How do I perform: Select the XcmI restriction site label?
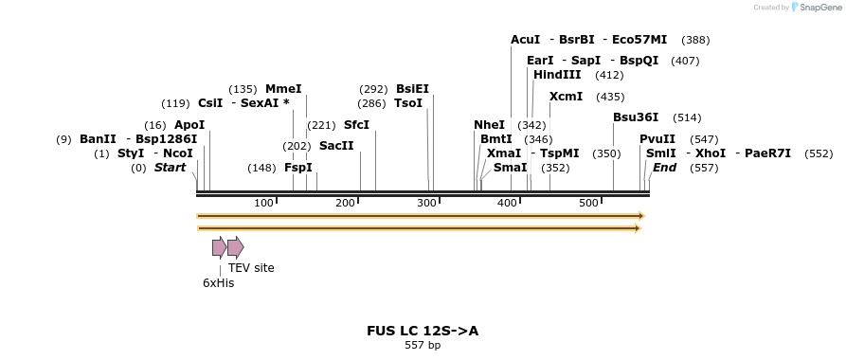[x=566, y=97]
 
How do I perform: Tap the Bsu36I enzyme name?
[x=637, y=117]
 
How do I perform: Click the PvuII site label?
[x=657, y=139]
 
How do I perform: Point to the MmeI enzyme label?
[x=283, y=89]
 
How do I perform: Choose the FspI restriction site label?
[x=297, y=168]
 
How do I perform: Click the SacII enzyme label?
[x=336, y=146]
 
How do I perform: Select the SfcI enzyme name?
[x=356, y=125]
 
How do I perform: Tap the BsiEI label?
[x=412, y=89]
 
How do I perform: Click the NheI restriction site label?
[x=489, y=125]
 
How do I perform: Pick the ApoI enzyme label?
[x=189, y=125]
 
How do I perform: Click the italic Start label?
[x=171, y=168]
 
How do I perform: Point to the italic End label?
[x=664, y=168]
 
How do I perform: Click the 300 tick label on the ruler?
[x=425, y=203]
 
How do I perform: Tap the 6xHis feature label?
[x=218, y=282]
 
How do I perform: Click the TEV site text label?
[x=251, y=268]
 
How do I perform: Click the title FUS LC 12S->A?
[x=423, y=332]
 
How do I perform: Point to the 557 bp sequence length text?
[x=423, y=346]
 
